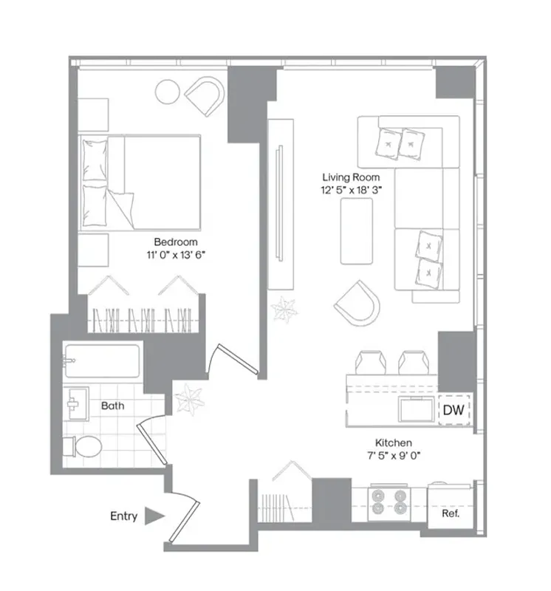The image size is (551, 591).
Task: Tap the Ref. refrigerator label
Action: pos(451,513)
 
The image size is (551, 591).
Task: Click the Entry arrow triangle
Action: pos(154,516)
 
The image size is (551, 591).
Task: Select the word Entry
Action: pos(123,516)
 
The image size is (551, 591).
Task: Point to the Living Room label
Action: pos(351,177)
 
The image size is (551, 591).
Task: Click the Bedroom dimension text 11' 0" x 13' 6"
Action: pos(176,255)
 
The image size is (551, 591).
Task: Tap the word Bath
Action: pos(112,406)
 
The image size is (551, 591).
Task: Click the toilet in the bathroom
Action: pos(83,445)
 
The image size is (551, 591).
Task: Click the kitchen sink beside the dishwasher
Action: pos(415,409)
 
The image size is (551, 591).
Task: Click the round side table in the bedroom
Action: pos(168,92)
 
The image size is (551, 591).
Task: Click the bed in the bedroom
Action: pos(140,182)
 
